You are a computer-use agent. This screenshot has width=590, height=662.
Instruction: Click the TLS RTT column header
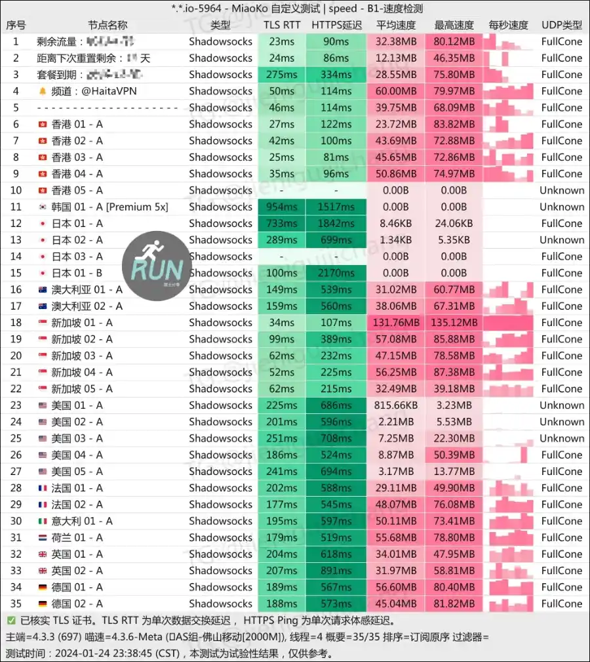[x=282, y=25]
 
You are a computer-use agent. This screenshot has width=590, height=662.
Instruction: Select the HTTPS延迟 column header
[x=336, y=25]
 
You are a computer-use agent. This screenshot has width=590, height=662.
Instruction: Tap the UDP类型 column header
[x=562, y=25]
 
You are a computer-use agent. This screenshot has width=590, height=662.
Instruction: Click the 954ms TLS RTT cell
[x=282, y=207]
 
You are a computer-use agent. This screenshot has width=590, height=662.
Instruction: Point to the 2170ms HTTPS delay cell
[x=336, y=273]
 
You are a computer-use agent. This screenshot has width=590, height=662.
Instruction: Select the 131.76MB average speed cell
[x=395, y=323]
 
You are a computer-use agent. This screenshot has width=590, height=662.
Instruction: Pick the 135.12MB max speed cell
[x=454, y=323]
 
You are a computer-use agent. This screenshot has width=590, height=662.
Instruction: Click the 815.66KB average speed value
[x=395, y=405]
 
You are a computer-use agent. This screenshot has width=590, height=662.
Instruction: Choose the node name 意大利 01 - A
[x=82, y=521]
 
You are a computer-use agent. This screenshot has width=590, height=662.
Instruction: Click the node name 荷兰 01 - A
[x=77, y=537]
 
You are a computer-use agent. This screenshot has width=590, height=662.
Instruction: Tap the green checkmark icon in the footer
[x=11, y=620]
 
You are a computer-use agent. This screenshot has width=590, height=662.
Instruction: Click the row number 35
[x=16, y=604]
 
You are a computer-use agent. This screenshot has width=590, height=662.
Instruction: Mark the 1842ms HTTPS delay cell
[x=336, y=224]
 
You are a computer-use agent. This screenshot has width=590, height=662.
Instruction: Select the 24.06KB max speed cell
[x=454, y=224]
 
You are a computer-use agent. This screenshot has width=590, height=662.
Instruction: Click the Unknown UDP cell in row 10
[x=562, y=190]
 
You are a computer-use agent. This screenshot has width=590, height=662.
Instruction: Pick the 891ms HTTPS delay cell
[x=336, y=571]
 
